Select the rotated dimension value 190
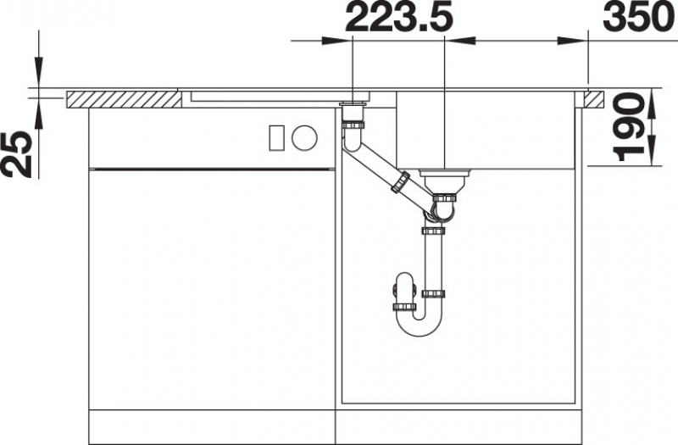click(627, 127)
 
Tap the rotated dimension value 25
click(17, 154)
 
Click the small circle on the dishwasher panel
click(304, 138)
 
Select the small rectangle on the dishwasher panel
click(277, 138)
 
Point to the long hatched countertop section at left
click(124, 100)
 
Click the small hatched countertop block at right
click(595, 99)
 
